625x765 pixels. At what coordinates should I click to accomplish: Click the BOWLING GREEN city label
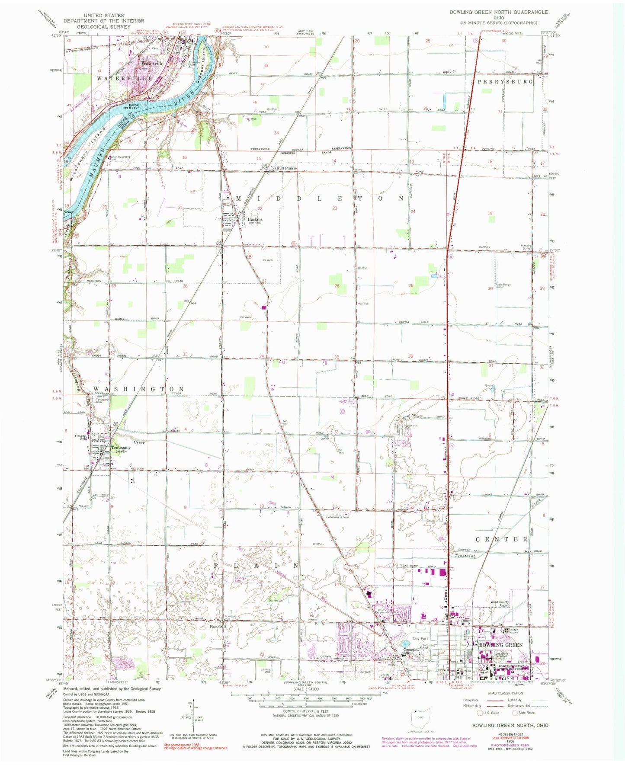pos(500,645)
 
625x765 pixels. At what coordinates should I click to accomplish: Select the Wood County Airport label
pos(500,604)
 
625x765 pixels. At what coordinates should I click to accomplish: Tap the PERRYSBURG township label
pos(505,81)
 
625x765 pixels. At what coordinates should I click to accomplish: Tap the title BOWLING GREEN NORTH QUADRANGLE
pos(498,12)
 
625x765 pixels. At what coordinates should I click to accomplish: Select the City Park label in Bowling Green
pos(420,638)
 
